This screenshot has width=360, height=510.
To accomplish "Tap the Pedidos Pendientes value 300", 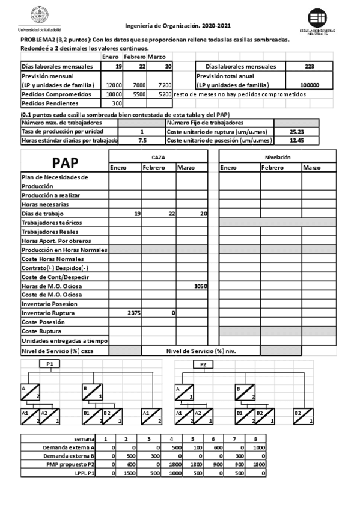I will (x=117, y=104).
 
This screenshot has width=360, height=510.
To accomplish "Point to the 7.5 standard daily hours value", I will (x=142, y=140).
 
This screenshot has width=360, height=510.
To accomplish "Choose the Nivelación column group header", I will (x=278, y=156).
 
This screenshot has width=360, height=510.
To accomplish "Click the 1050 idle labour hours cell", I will (x=200, y=287).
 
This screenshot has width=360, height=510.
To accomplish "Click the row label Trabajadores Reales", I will (x=48, y=231).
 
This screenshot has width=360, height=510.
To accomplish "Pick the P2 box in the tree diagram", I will (x=203, y=364).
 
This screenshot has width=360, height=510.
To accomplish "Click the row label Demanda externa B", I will (x=69, y=456).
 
